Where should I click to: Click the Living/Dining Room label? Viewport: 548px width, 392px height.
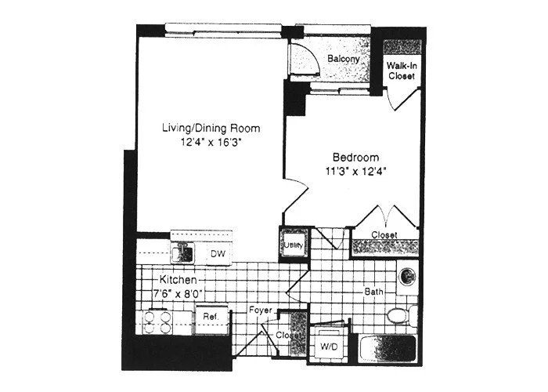point(211,128)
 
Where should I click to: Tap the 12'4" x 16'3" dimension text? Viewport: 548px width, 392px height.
point(211,143)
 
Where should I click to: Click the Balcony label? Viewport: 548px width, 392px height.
point(343,60)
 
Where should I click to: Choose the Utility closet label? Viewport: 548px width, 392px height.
point(294,245)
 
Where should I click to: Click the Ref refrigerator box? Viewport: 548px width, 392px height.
point(210,316)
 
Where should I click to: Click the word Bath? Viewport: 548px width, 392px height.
point(373,292)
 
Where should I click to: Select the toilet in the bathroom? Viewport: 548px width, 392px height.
point(398,317)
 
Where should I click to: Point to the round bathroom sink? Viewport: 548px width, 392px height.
point(406,276)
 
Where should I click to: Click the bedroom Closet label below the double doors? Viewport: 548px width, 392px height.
point(384,235)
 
